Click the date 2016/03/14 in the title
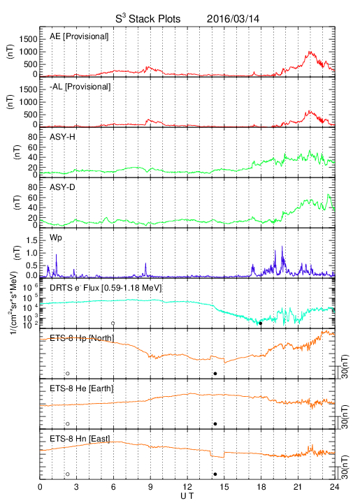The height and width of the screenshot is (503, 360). pyautogui.click(x=233, y=19)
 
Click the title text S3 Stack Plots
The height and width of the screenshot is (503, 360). pyautogui.click(x=148, y=19)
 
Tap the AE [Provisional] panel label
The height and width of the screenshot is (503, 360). pyautogui.click(x=79, y=36)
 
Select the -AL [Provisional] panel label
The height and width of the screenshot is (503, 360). pyautogui.click(x=80, y=87)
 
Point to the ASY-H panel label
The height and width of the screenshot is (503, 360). pyautogui.click(x=62, y=137)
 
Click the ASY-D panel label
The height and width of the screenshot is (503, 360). pyautogui.click(x=62, y=187)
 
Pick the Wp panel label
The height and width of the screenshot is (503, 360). pyautogui.click(x=55, y=238)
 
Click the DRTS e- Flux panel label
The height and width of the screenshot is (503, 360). pyautogui.click(x=106, y=288)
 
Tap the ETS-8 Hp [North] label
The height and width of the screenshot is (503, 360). pyautogui.click(x=82, y=338)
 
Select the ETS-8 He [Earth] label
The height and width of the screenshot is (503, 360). pyautogui.click(x=82, y=388)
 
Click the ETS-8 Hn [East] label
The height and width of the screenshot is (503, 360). pyautogui.click(x=80, y=439)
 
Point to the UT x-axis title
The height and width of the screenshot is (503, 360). pyautogui.click(x=187, y=496)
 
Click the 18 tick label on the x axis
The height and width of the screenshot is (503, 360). pyautogui.click(x=261, y=487)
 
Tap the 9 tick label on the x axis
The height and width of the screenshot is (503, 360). pyautogui.click(x=150, y=487)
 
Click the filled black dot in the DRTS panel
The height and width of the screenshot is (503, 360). pyautogui.click(x=261, y=323)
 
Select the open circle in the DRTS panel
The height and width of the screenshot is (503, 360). pyautogui.click(x=113, y=323)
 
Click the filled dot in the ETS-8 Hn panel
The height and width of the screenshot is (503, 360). pyautogui.click(x=215, y=474)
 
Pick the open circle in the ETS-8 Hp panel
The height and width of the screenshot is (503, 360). pyautogui.click(x=68, y=373)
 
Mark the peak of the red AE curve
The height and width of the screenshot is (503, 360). pyautogui.click(x=310, y=51)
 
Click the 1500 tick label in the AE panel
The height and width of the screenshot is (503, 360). pyautogui.click(x=29, y=39)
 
